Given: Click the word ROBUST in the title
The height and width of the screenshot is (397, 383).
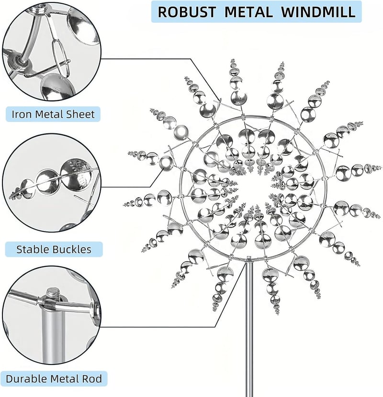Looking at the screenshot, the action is coord(187,12).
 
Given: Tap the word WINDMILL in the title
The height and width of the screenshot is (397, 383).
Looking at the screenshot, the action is coord(318,12).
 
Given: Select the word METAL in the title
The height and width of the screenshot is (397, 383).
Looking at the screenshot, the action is coord(248,12).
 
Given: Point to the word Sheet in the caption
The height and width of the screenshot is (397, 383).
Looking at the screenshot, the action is coord(80,114).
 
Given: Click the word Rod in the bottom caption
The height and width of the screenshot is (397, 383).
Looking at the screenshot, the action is coord(92,379).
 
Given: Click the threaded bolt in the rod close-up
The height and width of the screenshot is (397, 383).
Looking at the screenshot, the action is coord(53,295).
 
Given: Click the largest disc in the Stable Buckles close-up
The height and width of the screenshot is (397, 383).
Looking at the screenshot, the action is coord(76,175).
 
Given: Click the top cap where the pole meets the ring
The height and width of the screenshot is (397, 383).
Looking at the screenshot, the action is coord(249,258).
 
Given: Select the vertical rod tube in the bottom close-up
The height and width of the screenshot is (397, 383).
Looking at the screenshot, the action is coord(53,334).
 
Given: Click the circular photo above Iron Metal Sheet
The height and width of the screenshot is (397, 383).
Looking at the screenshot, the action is coord(52,52).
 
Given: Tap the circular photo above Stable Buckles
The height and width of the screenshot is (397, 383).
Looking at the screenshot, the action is coord(52,183).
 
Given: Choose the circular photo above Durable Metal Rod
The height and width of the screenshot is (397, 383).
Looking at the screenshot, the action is coord(52,316).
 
